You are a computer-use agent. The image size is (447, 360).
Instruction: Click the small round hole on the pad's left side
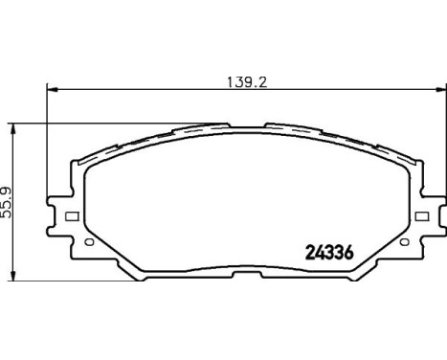[89, 242]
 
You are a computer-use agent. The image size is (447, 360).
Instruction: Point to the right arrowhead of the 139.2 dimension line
[440, 92]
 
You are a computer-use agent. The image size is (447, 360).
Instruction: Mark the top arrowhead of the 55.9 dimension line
[13, 126]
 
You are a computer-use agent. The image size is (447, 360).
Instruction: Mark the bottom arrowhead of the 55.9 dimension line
[13, 276]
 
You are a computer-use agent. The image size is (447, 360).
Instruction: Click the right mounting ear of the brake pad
[428, 214]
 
